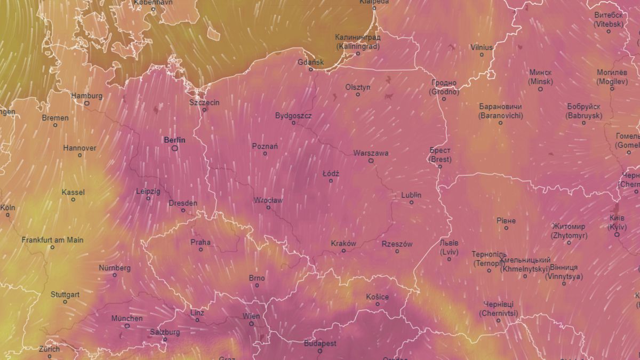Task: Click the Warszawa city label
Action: pos(371,153)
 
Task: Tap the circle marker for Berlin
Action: pos(174,149)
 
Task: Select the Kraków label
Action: pos(343,243)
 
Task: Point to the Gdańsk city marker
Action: pos(311,69)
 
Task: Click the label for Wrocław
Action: pos(268,201)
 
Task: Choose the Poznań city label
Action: pos(265,146)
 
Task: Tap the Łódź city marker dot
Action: pos(331,181)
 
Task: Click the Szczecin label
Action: pos(204,102)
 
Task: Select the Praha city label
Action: pos(201,242)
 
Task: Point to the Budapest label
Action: pos(320,344)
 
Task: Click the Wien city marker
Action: pos(252,324)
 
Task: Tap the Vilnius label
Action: pos(482,47)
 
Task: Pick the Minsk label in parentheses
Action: pos(540,82)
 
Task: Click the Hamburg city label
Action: pos(86,96)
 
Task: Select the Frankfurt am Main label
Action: pos(52,240)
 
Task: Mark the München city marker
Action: pos(127,326)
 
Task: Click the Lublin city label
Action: pos(411,195)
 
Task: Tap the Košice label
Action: pos(377,297)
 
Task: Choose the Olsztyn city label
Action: pos(358,87)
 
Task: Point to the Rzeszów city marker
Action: pos(397,251)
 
